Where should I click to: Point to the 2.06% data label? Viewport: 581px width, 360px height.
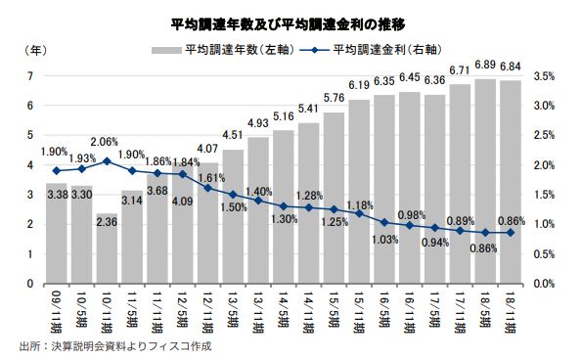pyautogui.click(x=107, y=143)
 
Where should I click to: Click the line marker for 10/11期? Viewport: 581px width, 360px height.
pyautogui.click(x=107, y=160)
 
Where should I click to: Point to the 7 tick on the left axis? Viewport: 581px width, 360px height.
pyautogui.click(x=31, y=75)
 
